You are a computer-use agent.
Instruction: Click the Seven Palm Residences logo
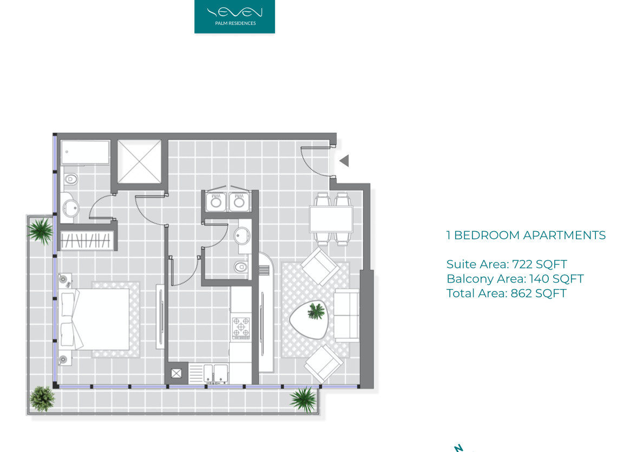click(x=234, y=16)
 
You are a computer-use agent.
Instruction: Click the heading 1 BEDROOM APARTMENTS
click(x=526, y=235)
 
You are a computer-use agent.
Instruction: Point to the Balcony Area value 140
click(x=538, y=279)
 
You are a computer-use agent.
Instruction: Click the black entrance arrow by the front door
click(x=344, y=161)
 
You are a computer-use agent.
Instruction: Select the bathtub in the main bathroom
click(x=86, y=153)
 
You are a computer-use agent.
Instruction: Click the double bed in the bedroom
click(x=94, y=319)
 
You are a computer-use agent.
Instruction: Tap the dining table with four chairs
click(x=331, y=219)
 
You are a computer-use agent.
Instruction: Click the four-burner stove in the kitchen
click(x=241, y=327)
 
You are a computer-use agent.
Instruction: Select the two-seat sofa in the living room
click(x=347, y=315)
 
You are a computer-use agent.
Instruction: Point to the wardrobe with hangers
click(x=86, y=240)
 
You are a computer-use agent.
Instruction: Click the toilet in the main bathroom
click(x=70, y=179)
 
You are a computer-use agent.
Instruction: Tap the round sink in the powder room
click(x=242, y=236)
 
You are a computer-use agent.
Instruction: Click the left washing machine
click(x=216, y=202)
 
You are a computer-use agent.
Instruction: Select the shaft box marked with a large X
click(x=140, y=162)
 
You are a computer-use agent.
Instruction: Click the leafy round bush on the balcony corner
click(x=42, y=398)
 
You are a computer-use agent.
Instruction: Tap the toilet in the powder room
click(x=241, y=267)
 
